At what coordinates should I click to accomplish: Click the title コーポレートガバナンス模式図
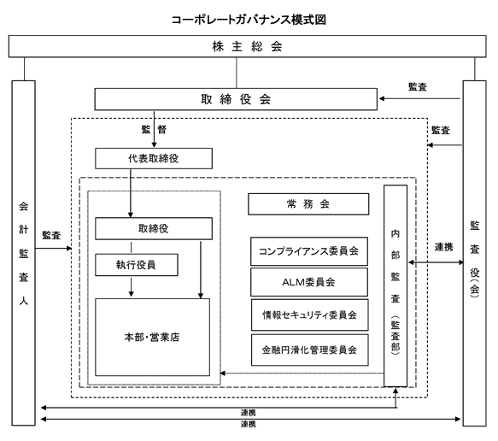click(249, 20)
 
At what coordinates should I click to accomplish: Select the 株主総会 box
click(248, 46)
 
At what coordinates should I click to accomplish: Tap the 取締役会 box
click(236, 99)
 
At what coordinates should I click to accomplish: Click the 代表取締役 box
click(154, 158)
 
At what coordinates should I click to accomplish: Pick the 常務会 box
click(308, 204)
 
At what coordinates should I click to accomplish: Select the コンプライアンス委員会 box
click(309, 251)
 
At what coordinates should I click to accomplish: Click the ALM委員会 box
click(309, 282)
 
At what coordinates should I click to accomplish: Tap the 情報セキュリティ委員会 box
click(310, 315)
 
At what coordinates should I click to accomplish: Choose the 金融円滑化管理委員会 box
click(310, 350)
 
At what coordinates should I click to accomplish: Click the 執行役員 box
click(137, 265)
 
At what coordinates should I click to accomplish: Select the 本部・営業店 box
click(152, 337)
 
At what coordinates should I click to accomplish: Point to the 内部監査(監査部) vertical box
click(395, 286)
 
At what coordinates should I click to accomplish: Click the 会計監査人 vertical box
click(24, 253)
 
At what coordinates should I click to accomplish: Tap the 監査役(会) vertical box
click(474, 253)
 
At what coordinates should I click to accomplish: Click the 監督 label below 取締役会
click(154, 129)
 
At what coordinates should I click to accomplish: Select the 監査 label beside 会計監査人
click(51, 235)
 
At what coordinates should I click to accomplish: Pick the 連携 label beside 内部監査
click(443, 247)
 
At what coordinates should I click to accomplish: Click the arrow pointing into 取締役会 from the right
click(419, 99)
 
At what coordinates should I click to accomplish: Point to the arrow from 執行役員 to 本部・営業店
click(132, 287)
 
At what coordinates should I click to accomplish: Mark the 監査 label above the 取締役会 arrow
click(418, 86)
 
